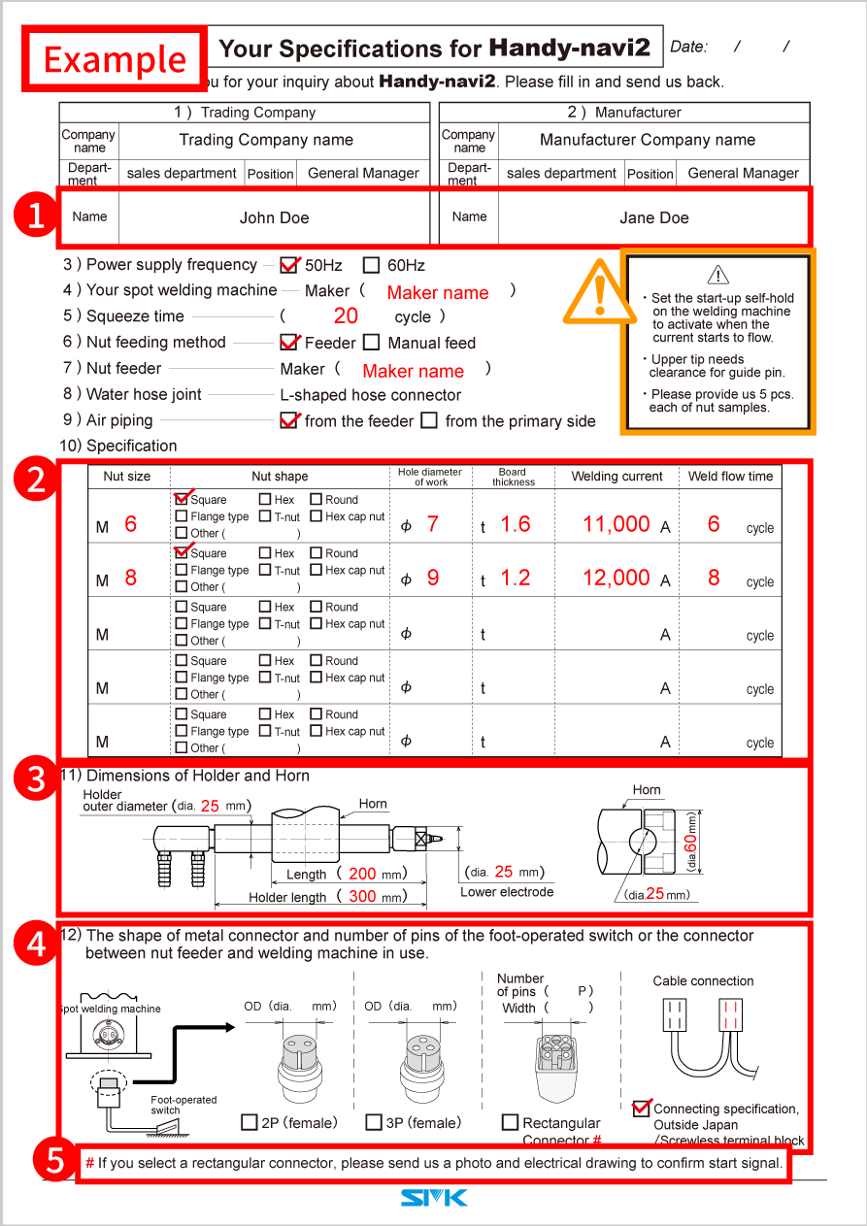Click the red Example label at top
(x=115, y=59)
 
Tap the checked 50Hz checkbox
(x=288, y=265)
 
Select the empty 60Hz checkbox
(x=371, y=265)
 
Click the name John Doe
(x=274, y=217)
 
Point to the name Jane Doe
(x=653, y=217)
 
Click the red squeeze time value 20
(x=346, y=316)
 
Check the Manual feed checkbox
(x=371, y=343)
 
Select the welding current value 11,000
(x=616, y=524)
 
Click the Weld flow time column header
(x=730, y=476)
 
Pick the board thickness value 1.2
(x=515, y=578)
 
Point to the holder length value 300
(x=362, y=896)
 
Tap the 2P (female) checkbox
(x=250, y=1122)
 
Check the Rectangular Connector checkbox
(x=510, y=1122)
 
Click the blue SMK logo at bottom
(x=433, y=1199)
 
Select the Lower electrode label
(x=507, y=892)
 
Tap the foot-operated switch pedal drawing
(x=164, y=1129)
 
